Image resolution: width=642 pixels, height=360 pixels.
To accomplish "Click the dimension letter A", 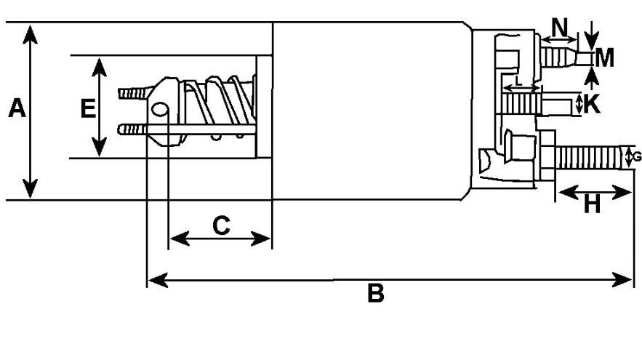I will [17, 109].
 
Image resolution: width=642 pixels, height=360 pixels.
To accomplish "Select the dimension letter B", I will [374, 295].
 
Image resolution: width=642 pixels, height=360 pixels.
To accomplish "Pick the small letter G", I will [637, 156].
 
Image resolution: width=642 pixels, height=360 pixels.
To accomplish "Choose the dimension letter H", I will [593, 206].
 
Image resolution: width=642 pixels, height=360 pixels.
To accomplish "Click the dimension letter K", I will [592, 104].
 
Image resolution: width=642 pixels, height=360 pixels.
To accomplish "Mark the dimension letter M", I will [604, 57].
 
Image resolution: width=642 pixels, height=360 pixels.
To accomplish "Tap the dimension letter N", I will [560, 28].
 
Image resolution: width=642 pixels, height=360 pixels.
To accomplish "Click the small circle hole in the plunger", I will [160, 110].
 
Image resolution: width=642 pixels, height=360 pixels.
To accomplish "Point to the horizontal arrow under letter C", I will [220, 239].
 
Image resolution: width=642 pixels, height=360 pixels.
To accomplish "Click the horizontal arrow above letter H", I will [593, 193].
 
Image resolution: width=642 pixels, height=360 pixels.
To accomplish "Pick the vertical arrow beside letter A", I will [31, 111].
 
